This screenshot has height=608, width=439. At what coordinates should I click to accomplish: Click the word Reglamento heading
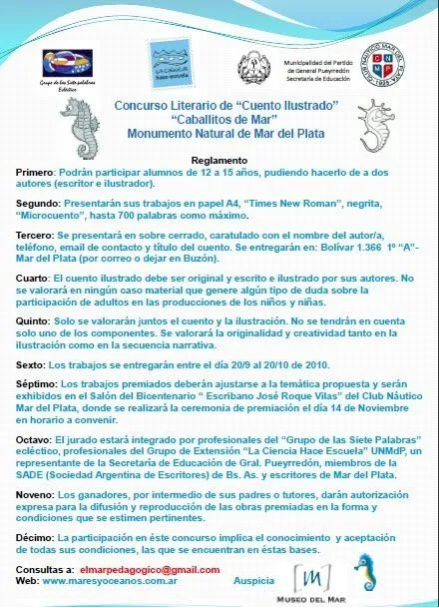(219, 160)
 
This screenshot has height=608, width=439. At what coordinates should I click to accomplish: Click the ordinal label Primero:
(38, 172)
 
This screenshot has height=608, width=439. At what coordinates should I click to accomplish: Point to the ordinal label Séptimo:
(39, 384)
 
